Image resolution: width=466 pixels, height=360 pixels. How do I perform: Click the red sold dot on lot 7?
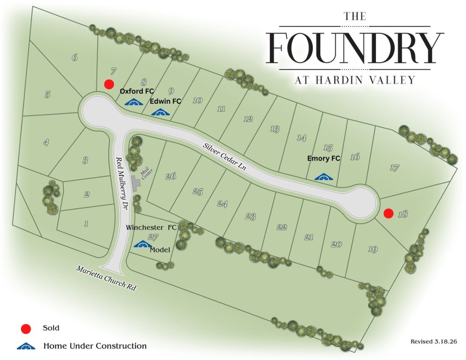(109, 84)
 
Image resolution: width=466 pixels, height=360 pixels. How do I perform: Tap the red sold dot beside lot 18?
(388, 213)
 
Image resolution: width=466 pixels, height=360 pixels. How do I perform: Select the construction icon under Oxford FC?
(134, 102)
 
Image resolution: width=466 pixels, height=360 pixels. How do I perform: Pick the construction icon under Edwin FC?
(160, 112)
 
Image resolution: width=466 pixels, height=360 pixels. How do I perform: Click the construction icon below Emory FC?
(323, 177)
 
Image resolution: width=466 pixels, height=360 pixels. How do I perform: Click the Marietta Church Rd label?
(107, 278)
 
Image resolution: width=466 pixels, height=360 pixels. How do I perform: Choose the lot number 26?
(171, 177)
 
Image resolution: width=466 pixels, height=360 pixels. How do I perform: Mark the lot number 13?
(274, 129)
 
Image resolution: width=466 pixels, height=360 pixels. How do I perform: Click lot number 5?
(47, 95)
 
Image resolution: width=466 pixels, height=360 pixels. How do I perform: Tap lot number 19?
(373, 249)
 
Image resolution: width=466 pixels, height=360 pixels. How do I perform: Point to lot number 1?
(86, 223)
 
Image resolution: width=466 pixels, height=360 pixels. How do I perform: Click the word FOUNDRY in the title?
(355, 48)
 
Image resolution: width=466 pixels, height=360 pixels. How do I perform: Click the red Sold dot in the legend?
(27, 328)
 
